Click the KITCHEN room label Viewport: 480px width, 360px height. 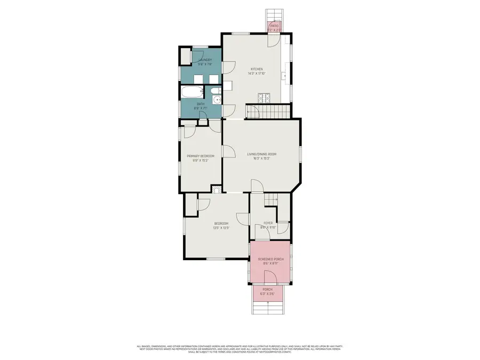257,69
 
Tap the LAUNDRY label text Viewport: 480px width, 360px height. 205,60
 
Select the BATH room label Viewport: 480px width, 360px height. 201,104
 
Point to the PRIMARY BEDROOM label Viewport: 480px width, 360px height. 200,156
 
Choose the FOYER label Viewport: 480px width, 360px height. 268,223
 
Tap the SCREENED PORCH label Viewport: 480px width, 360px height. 270,259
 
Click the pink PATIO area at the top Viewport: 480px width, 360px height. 274,27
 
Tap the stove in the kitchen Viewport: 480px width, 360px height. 264,98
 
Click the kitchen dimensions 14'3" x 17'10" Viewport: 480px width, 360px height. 257,74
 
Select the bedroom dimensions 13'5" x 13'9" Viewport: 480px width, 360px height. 221,228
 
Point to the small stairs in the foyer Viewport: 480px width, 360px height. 271,199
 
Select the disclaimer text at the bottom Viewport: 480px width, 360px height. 240,347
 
